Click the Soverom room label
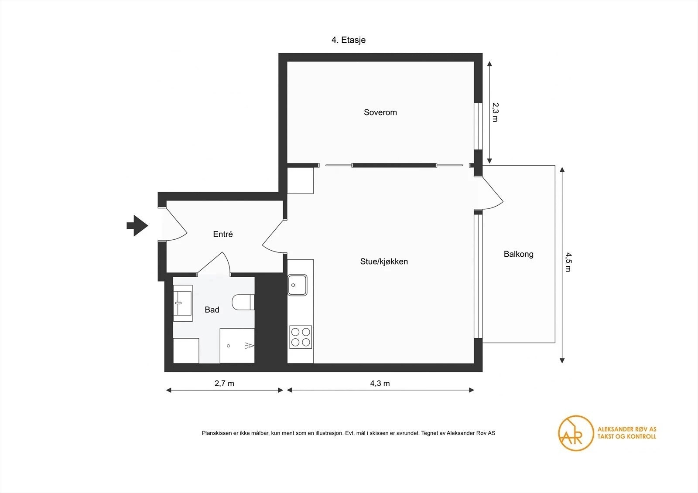(x=380, y=112)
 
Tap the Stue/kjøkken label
(x=384, y=261)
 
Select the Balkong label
(x=519, y=254)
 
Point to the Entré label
(x=223, y=234)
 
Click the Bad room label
(x=212, y=309)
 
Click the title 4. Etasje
(x=349, y=40)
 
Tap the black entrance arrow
(x=137, y=225)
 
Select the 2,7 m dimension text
(x=224, y=383)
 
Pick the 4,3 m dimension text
(x=380, y=383)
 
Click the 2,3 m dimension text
(x=495, y=112)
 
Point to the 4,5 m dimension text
(x=568, y=262)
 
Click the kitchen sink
(x=297, y=285)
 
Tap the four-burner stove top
(x=301, y=337)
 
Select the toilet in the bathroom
(x=243, y=302)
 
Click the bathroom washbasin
(x=183, y=303)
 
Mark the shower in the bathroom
(x=237, y=345)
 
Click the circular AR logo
(x=576, y=433)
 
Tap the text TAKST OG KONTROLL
(x=626, y=436)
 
